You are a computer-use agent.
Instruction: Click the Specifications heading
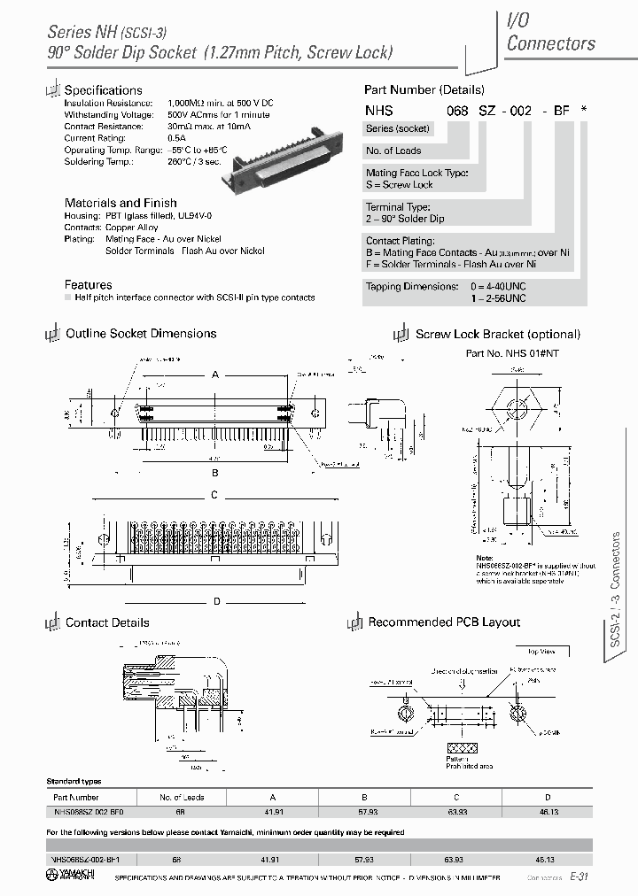(103, 90)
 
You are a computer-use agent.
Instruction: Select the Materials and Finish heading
(121, 203)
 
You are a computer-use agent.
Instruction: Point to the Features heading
(89, 285)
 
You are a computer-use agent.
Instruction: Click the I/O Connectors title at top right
(550, 32)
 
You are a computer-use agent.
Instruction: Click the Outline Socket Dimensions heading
(141, 334)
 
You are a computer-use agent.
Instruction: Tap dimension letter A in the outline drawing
(214, 375)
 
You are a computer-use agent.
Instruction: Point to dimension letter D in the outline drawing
(216, 602)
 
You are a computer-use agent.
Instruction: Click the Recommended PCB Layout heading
(444, 622)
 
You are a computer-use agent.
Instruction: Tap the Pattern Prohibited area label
(455, 762)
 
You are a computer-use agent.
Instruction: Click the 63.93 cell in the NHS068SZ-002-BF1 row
(456, 859)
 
